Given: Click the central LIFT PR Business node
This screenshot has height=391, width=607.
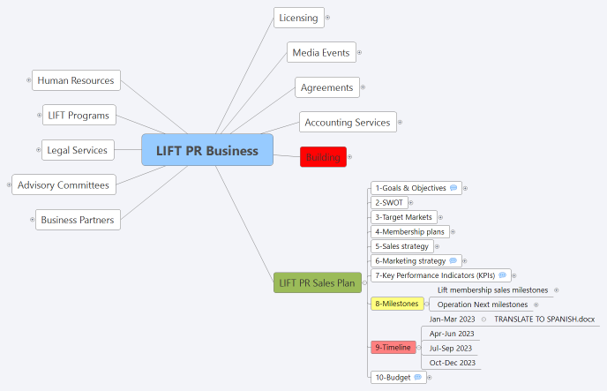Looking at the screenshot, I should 207,150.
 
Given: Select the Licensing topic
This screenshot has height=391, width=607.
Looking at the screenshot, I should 297,18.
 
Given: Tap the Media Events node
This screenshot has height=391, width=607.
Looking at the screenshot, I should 321,53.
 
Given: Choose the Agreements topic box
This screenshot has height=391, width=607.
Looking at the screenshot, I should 326,87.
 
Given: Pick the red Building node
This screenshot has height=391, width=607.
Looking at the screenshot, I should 323,157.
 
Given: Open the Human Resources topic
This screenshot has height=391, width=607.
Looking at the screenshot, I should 76,80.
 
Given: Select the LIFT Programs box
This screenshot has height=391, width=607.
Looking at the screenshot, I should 79,116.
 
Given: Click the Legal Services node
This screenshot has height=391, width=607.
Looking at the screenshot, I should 78,150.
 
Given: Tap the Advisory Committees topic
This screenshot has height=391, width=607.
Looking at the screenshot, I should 64,185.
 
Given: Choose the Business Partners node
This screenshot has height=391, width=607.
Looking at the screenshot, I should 78,220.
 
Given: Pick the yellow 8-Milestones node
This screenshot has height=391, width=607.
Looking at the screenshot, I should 396,304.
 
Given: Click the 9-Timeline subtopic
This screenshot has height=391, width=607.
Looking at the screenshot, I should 393,347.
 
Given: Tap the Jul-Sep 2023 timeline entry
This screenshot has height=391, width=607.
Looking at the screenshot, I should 451,348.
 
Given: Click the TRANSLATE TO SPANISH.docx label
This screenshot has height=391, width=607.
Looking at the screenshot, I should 544,319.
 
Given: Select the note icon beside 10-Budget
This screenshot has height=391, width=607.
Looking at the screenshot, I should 417,377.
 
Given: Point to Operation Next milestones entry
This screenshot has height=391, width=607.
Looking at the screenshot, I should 482,305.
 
